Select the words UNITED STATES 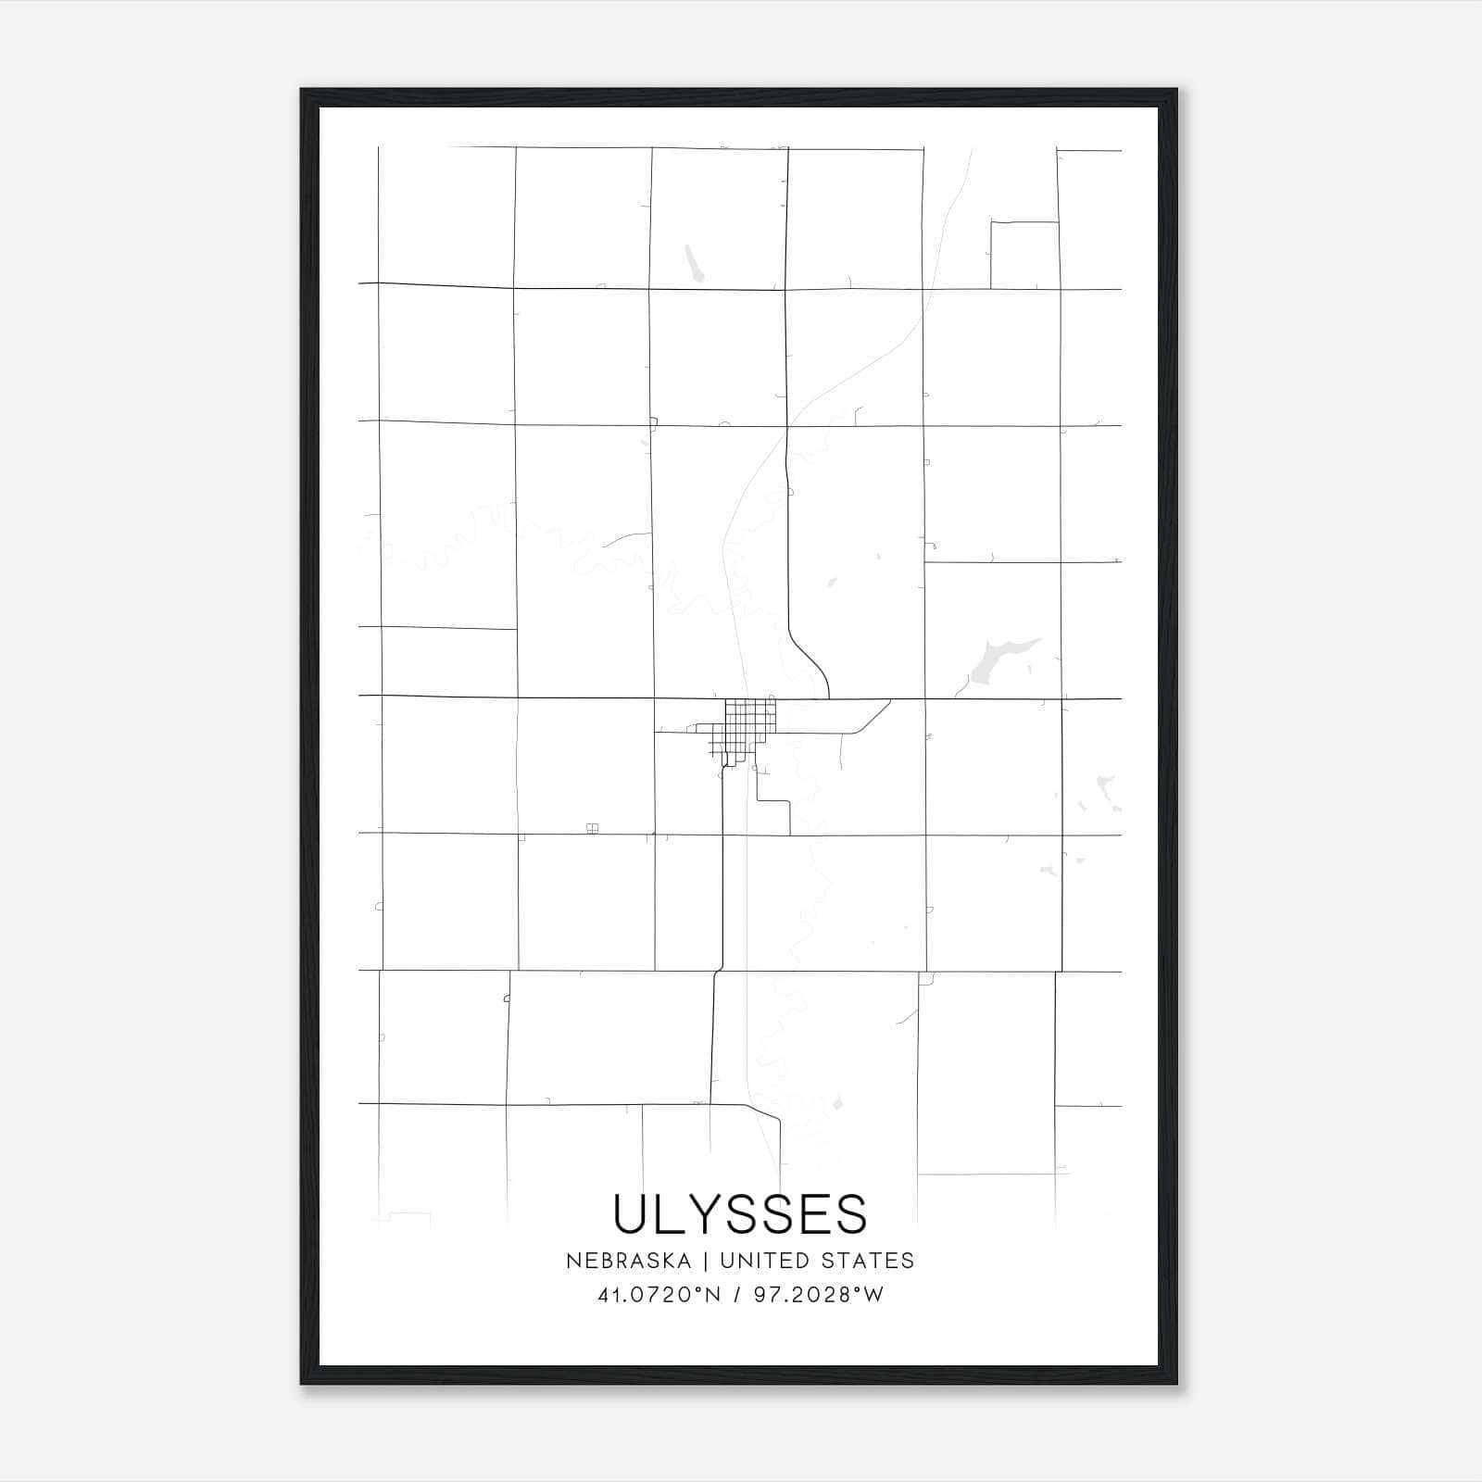click(817, 1261)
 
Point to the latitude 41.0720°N click(659, 1295)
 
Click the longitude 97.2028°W click(819, 1295)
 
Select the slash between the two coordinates click(737, 1295)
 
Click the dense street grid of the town click(749, 719)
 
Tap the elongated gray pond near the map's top click(693, 262)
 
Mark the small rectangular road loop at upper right click(1024, 255)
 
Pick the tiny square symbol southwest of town click(593, 828)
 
